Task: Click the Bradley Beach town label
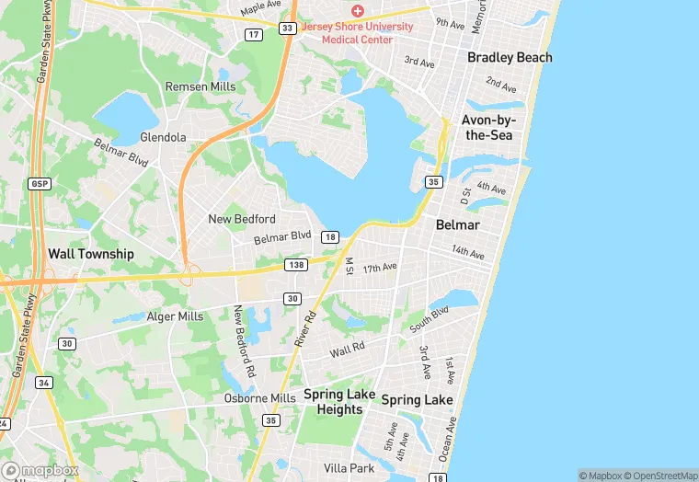pyautogui.click(x=510, y=57)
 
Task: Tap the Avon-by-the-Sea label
pyautogui.click(x=489, y=128)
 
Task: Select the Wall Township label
pyautogui.click(x=92, y=254)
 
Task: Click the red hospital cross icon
pyautogui.click(x=358, y=10)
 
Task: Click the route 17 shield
pyautogui.click(x=254, y=34)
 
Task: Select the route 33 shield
pyautogui.click(x=288, y=29)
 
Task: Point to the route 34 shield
pyautogui.click(x=43, y=382)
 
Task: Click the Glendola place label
pyautogui.click(x=163, y=137)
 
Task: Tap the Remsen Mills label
pyautogui.click(x=201, y=86)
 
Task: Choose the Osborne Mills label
pyautogui.click(x=260, y=398)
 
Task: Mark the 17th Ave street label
pyautogui.click(x=379, y=268)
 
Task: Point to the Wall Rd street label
pyautogui.click(x=348, y=350)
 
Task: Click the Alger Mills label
pyautogui.click(x=175, y=316)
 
